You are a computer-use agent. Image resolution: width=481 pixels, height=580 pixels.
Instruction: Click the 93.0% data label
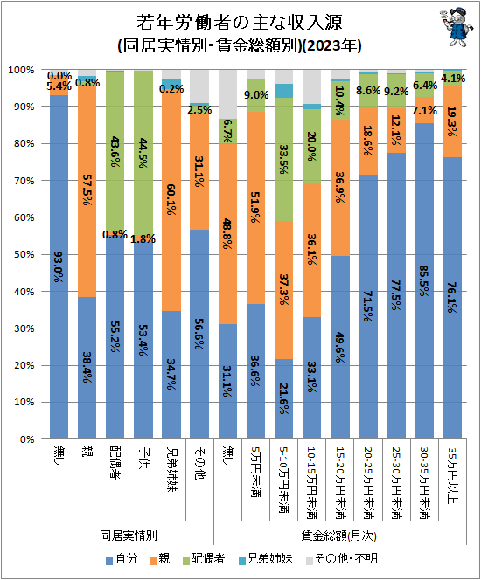click(x=59, y=266)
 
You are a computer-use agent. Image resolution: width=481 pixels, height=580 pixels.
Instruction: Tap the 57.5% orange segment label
click(x=87, y=190)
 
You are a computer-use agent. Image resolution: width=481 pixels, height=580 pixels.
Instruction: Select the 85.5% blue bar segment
click(x=424, y=280)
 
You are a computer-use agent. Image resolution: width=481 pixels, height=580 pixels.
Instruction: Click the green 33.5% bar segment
click(x=283, y=160)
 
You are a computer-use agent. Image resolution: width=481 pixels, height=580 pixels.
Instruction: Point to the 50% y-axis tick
click(x=24, y=254)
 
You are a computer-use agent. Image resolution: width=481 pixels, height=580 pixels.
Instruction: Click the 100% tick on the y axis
click(x=21, y=70)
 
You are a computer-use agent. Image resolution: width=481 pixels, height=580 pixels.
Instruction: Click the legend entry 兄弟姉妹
click(x=266, y=558)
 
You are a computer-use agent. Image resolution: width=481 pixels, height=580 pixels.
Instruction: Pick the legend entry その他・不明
click(x=342, y=558)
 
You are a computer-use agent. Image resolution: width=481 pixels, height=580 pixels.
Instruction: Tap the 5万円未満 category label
click(x=255, y=472)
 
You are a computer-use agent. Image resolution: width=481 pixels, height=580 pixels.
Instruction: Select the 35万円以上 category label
click(x=452, y=475)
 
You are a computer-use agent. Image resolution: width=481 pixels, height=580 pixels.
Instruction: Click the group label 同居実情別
click(x=129, y=535)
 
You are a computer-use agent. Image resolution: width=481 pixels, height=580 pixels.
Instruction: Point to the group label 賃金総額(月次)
click(x=338, y=535)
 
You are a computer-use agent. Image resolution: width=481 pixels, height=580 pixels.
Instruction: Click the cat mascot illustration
click(x=457, y=26)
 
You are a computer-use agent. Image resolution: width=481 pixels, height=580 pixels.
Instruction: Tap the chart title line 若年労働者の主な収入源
click(x=240, y=22)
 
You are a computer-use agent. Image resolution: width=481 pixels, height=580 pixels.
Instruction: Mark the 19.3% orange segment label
click(x=452, y=121)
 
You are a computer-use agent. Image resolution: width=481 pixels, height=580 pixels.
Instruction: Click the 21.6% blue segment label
click(x=283, y=398)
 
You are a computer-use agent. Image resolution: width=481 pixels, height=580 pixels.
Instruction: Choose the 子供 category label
click(x=143, y=459)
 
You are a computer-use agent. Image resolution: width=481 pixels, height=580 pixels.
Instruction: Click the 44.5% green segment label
click(x=143, y=153)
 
